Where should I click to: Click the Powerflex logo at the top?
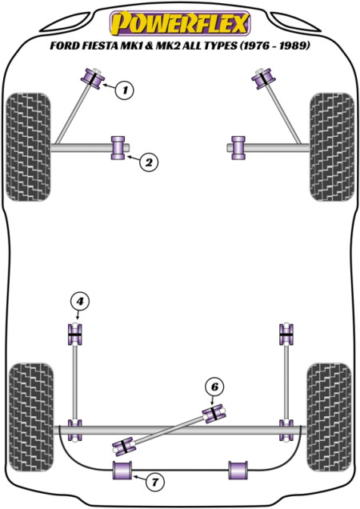[180, 23]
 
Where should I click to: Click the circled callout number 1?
[126, 90]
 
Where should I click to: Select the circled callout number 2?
[149, 162]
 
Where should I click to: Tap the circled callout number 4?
[79, 302]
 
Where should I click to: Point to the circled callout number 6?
[214, 387]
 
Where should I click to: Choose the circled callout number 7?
[155, 482]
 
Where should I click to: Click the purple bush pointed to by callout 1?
[93, 78]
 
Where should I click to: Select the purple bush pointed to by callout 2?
[118, 148]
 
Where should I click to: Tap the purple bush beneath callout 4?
[75, 334]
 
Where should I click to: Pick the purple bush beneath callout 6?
[214, 413]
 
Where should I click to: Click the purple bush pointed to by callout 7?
[122, 470]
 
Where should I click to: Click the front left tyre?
[29, 147]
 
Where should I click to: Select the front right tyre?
[332, 147]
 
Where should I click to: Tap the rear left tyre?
[31, 418]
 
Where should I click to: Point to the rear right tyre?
[329, 418]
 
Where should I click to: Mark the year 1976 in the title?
[256, 46]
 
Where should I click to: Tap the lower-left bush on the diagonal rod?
[124, 446]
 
